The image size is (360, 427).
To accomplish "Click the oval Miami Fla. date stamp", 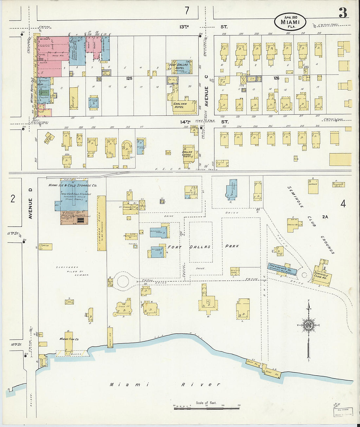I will [290, 22].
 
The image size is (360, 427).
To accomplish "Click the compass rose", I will [308, 325].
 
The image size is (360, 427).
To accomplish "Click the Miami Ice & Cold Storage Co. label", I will [73, 186].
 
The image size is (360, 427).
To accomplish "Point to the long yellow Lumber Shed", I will [101, 223].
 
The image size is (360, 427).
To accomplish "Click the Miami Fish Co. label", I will [69, 339].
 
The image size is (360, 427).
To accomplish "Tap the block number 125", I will [130, 79].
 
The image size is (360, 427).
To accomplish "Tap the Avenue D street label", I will [31, 208].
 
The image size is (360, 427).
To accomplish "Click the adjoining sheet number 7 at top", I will [187, 11].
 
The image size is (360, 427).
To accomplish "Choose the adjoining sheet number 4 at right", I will [343, 204].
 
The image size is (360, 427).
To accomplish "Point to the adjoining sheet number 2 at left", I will [13, 199].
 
